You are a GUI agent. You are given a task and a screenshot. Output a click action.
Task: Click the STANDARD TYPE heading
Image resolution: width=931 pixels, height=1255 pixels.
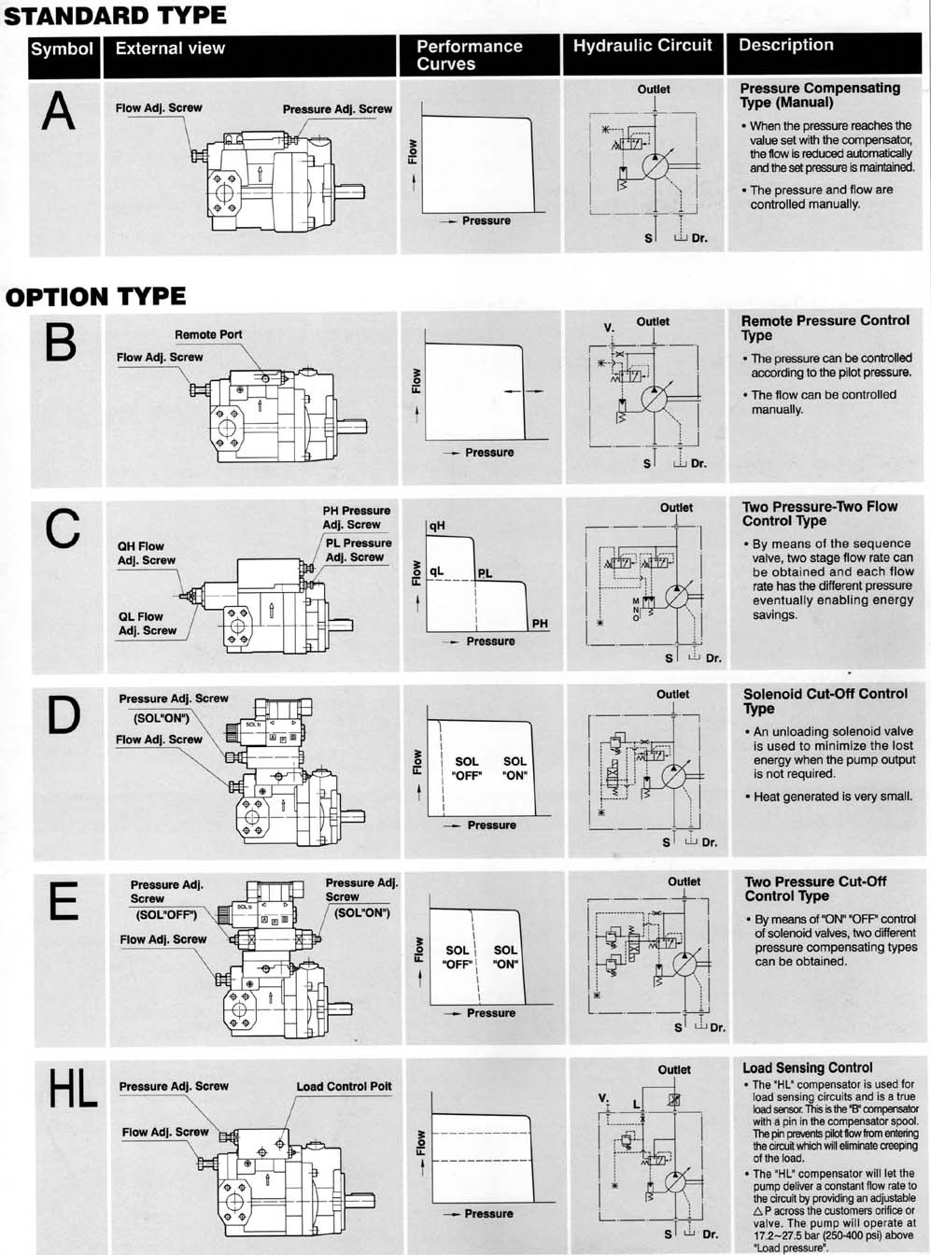(x=116, y=15)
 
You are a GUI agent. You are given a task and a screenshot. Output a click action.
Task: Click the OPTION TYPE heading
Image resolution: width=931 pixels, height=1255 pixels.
(x=95, y=297)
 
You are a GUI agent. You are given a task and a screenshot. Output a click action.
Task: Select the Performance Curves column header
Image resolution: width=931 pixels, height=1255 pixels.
(x=469, y=55)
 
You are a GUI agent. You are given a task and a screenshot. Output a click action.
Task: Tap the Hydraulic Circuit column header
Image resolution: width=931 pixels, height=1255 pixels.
(x=642, y=46)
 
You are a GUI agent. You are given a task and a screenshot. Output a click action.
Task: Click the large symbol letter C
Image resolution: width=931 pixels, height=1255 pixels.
(x=62, y=530)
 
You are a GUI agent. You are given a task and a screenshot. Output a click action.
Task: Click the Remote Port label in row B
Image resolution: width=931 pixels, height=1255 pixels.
(x=208, y=334)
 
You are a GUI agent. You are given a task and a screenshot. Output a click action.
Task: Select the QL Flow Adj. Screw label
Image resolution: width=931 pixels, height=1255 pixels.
(x=147, y=624)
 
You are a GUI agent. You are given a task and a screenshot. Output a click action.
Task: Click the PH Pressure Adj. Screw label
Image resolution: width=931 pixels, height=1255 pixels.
(x=357, y=517)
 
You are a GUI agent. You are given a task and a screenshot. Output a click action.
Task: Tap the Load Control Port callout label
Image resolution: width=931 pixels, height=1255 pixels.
(x=344, y=1086)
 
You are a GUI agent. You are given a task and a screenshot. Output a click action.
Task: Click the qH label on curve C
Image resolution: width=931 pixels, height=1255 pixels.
(x=437, y=527)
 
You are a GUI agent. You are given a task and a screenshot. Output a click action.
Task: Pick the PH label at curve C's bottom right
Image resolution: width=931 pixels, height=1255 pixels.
(x=540, y=624)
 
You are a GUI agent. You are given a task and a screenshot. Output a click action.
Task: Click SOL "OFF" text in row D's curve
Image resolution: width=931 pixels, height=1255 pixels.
(x=466, y=769)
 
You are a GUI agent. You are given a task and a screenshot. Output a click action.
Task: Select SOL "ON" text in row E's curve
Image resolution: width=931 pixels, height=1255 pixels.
(x=505, y=957)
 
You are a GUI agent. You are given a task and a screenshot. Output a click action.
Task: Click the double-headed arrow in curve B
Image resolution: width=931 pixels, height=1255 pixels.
(x=523, y=391)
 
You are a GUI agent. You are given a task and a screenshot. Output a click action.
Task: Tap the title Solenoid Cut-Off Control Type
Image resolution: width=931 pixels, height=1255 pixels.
(x=825, y=700)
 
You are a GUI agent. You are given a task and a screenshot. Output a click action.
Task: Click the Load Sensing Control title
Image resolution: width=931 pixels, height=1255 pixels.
(x=807, y=1067)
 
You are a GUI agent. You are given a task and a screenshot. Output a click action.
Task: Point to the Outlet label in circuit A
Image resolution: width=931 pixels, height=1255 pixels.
(x=654, y=90)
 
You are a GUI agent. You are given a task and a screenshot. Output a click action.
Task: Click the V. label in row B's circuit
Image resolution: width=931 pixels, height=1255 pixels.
(x=609, y=328)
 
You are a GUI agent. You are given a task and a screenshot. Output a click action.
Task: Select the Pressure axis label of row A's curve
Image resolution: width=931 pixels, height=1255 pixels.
(x=486, y=221)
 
